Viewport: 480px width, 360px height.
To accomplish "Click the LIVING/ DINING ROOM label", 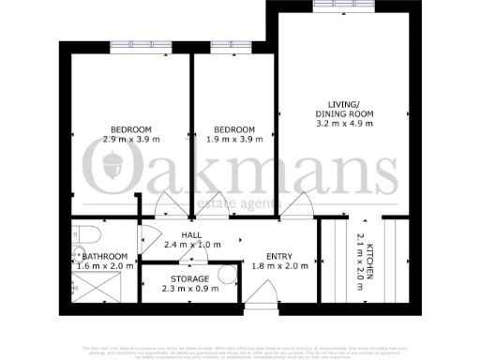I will point(344,108).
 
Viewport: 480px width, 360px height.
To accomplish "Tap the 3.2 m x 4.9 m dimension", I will point(344,123).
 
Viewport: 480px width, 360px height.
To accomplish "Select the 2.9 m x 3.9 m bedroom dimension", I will point(132,140).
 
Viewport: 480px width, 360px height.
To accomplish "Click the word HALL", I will point(192,235).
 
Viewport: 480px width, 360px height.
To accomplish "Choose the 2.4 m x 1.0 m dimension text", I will point(192,246).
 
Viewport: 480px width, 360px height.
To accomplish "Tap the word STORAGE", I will point(189,278).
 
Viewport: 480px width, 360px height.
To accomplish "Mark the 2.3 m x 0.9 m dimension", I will point(189,289).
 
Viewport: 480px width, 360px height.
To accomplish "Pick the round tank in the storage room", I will point(226,275).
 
